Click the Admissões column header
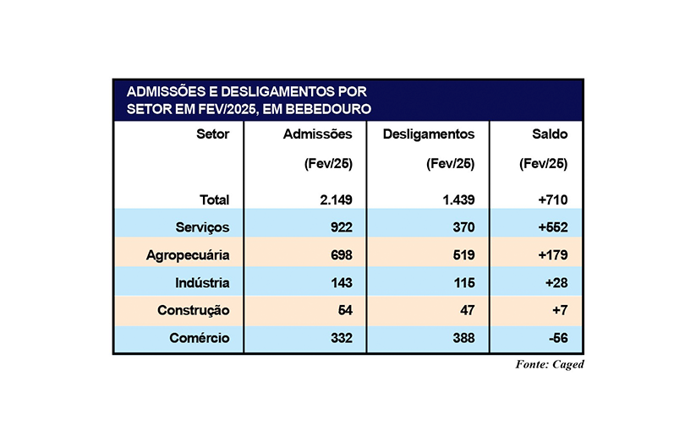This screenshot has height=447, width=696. click(323, 134)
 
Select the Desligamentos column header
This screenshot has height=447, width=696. click(429, 134)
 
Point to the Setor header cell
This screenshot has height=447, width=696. click(212, 134)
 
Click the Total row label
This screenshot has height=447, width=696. click(214, 200)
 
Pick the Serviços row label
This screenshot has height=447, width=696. click(202, 227)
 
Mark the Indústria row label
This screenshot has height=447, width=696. click(201, 282)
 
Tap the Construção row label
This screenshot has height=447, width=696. click(194, 310)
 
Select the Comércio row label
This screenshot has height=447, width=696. click(198, 338)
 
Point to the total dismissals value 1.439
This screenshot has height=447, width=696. click(454, 200)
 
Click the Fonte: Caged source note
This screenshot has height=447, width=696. click(550, 364)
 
